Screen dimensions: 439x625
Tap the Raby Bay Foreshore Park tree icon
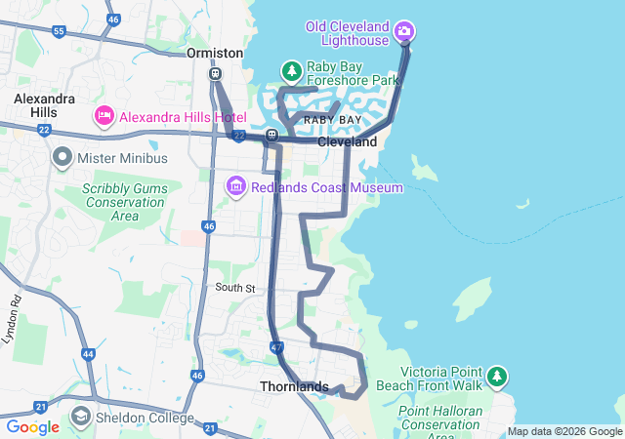point(291,71)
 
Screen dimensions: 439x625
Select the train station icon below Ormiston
point(215,73)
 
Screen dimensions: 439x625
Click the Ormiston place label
point(215,53)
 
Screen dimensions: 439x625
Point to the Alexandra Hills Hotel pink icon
point(104,116)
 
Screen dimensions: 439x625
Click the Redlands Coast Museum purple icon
point(235,185)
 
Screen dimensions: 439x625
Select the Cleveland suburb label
point(347,142)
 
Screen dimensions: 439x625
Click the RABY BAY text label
point(332,119)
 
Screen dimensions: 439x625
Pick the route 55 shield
point(60,32)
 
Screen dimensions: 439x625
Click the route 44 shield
point(89,354)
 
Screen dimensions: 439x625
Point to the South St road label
point(234,288)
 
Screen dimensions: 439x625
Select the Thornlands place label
point(294,387)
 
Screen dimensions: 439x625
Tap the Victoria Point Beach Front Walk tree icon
point(498,376)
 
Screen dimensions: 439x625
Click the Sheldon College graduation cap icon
point(80,419)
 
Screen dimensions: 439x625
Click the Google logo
point(32,427)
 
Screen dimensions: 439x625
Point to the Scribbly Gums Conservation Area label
point(123,201)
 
